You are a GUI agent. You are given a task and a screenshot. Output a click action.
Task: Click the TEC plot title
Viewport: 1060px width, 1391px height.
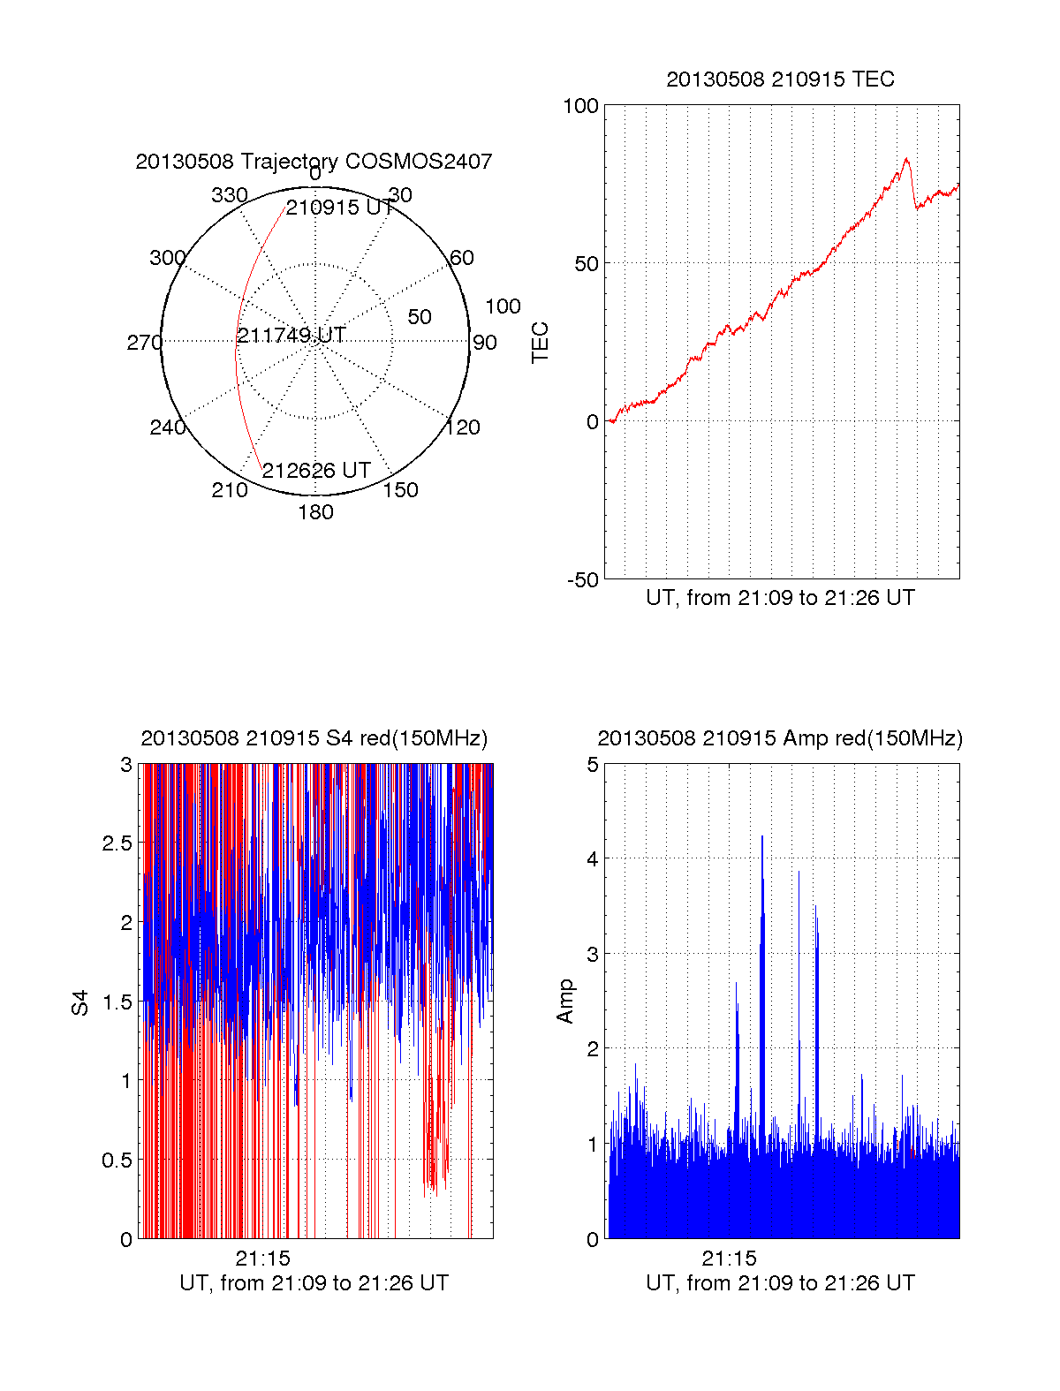780,79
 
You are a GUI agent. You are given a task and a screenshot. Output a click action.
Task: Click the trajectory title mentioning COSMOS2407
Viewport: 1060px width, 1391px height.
314,162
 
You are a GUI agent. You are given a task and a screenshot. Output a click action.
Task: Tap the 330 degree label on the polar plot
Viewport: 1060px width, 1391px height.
229,195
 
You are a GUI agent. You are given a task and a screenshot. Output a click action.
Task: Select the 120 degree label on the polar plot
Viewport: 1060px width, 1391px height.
463,427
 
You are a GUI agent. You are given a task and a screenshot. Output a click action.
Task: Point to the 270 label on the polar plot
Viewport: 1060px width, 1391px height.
144,343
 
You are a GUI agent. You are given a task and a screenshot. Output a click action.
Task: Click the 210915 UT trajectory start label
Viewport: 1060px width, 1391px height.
339,208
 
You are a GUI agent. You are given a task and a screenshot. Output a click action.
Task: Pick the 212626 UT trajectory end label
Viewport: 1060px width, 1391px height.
315,471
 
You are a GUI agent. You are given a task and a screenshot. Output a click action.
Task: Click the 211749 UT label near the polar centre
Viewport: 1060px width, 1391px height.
291,336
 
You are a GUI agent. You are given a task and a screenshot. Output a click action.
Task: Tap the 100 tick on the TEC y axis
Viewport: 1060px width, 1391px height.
580,106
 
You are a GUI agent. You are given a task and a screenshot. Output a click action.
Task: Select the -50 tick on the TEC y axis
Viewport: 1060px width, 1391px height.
582,580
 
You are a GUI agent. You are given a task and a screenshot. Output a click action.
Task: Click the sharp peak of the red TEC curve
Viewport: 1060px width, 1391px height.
906,159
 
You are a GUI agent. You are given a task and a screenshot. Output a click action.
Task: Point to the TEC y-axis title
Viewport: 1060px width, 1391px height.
540,343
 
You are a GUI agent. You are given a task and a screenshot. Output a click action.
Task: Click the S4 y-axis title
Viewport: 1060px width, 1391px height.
80,1002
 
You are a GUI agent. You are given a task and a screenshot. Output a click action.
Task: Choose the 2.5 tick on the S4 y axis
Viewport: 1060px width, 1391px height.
117,843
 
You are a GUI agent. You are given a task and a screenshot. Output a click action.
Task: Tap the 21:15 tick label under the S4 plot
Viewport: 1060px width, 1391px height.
262,1259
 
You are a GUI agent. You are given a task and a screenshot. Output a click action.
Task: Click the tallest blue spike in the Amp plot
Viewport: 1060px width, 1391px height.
761,836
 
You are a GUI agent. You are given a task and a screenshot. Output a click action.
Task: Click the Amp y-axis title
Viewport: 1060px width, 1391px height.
564,1001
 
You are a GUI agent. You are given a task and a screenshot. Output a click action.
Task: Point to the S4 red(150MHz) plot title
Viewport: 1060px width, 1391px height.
314,738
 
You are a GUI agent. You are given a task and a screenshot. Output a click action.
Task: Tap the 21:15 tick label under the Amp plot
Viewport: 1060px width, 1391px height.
729,1259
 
